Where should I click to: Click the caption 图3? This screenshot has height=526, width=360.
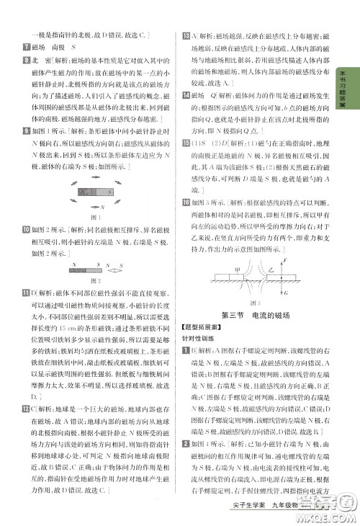point(257,303)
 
